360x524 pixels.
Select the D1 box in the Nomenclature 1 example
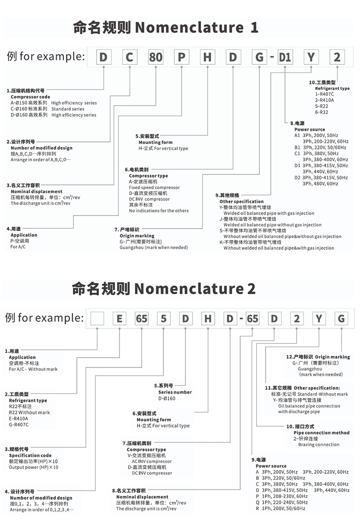tap(285, 57)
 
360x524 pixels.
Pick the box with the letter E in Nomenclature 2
tap(119, 319)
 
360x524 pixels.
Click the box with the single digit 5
tap(163, 319)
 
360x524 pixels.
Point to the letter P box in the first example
tap(182, 57)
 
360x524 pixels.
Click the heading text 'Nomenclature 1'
tap(196, 27)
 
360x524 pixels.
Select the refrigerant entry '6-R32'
tap(316, 112)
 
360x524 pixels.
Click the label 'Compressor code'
tap(31, 97)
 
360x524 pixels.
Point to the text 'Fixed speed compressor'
tap(154, 187)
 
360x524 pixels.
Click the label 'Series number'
tap(175, 392)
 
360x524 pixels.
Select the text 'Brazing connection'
tap(319, 444)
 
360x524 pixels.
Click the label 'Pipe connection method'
tap(322, 432)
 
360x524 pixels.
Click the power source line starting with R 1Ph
tap(280, 508)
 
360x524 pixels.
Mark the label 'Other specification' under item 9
tap(242, 201)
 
